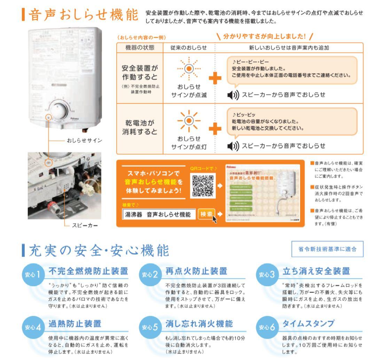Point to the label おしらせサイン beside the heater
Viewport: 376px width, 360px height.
pyautogui.click(x=83, y=141)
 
